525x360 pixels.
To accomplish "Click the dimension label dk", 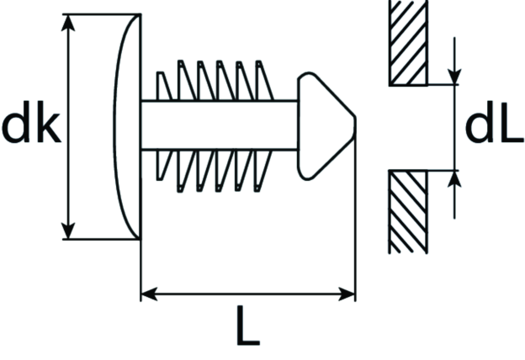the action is [x=31, y=122].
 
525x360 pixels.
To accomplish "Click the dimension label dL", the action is [x=494, y=122].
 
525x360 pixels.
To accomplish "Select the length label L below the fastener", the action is [x=248, y=326].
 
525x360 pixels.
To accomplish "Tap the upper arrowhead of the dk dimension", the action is [x=68, y=23].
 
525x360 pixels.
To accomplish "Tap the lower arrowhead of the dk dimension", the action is [x=68, y=230].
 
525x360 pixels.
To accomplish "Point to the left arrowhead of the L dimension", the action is [x=149, y=294].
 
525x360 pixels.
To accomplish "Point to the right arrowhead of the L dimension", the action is [x=347, y=294].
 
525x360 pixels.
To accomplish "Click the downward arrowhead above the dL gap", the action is [x=454, y=77].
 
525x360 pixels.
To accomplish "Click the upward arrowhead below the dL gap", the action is [x=454, y=179].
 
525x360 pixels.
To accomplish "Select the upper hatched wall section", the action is [x=408, y=43].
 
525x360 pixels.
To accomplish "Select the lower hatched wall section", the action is [x=408, y=212].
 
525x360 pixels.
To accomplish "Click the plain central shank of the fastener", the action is [x=220, y=125].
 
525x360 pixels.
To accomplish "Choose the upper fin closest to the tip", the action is [x=264, y=81].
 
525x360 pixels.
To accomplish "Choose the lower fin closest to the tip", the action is [x=263, y=171].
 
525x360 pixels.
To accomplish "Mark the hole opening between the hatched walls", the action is [x=408, y=128].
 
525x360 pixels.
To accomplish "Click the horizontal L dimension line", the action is [x=248, y=294].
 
